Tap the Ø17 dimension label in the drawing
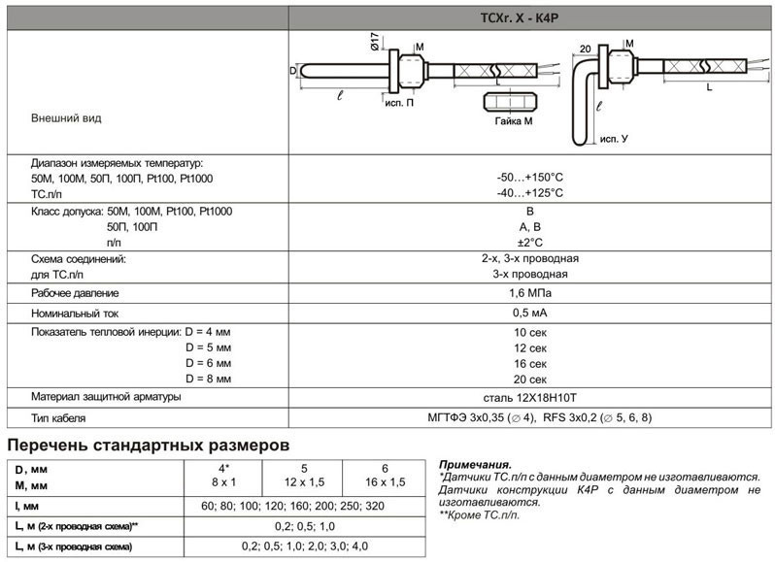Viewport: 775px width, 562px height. click(375, 46)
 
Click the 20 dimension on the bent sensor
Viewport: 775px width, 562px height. click(585, 48)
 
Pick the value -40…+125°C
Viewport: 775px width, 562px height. click(530, 193)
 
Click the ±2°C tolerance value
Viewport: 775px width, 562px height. click(530, 242)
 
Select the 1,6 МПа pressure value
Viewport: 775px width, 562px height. click(530, 293)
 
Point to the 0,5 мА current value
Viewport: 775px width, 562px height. click(530, 314)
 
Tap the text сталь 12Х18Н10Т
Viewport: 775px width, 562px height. click(530, 398)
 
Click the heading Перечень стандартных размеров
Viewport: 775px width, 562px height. click(149, 446)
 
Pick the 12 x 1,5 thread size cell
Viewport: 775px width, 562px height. click(304, 482)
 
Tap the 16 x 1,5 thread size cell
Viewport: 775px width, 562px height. click(385, 482)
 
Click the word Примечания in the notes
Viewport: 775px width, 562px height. click(475, 465)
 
